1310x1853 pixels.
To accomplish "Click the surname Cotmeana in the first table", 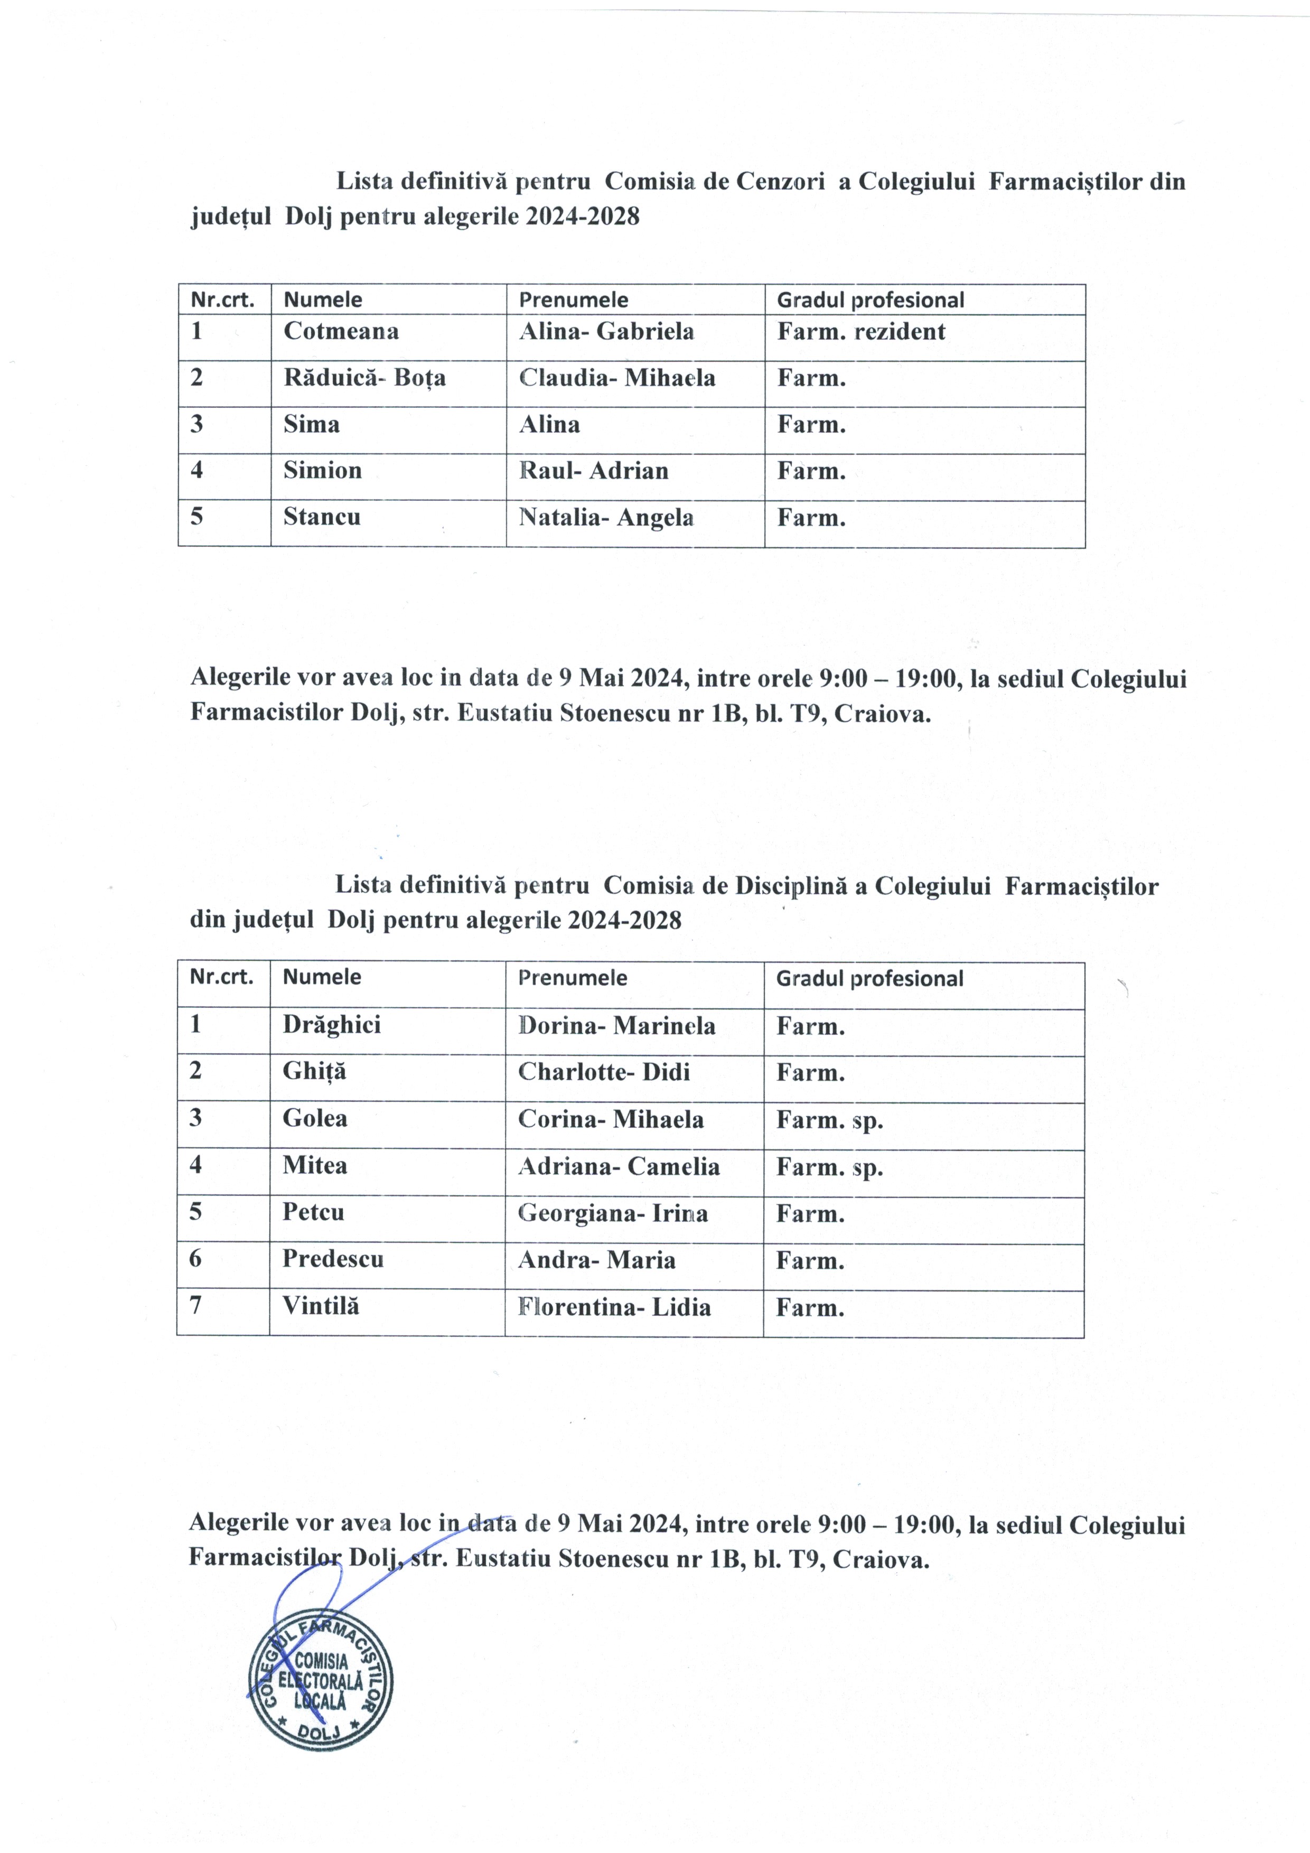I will click(341, 332).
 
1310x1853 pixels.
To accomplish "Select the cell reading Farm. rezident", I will click(860, 332).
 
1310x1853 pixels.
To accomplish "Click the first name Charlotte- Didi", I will click(604, 1073).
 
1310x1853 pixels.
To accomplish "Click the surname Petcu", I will click(313, 1213).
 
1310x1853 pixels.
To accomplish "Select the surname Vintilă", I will click(321, 1307).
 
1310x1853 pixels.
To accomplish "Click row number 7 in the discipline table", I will click(195, 1307).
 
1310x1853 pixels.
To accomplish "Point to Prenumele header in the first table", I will click(573, 300).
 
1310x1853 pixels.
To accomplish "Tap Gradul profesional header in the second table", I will click(869, 979).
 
